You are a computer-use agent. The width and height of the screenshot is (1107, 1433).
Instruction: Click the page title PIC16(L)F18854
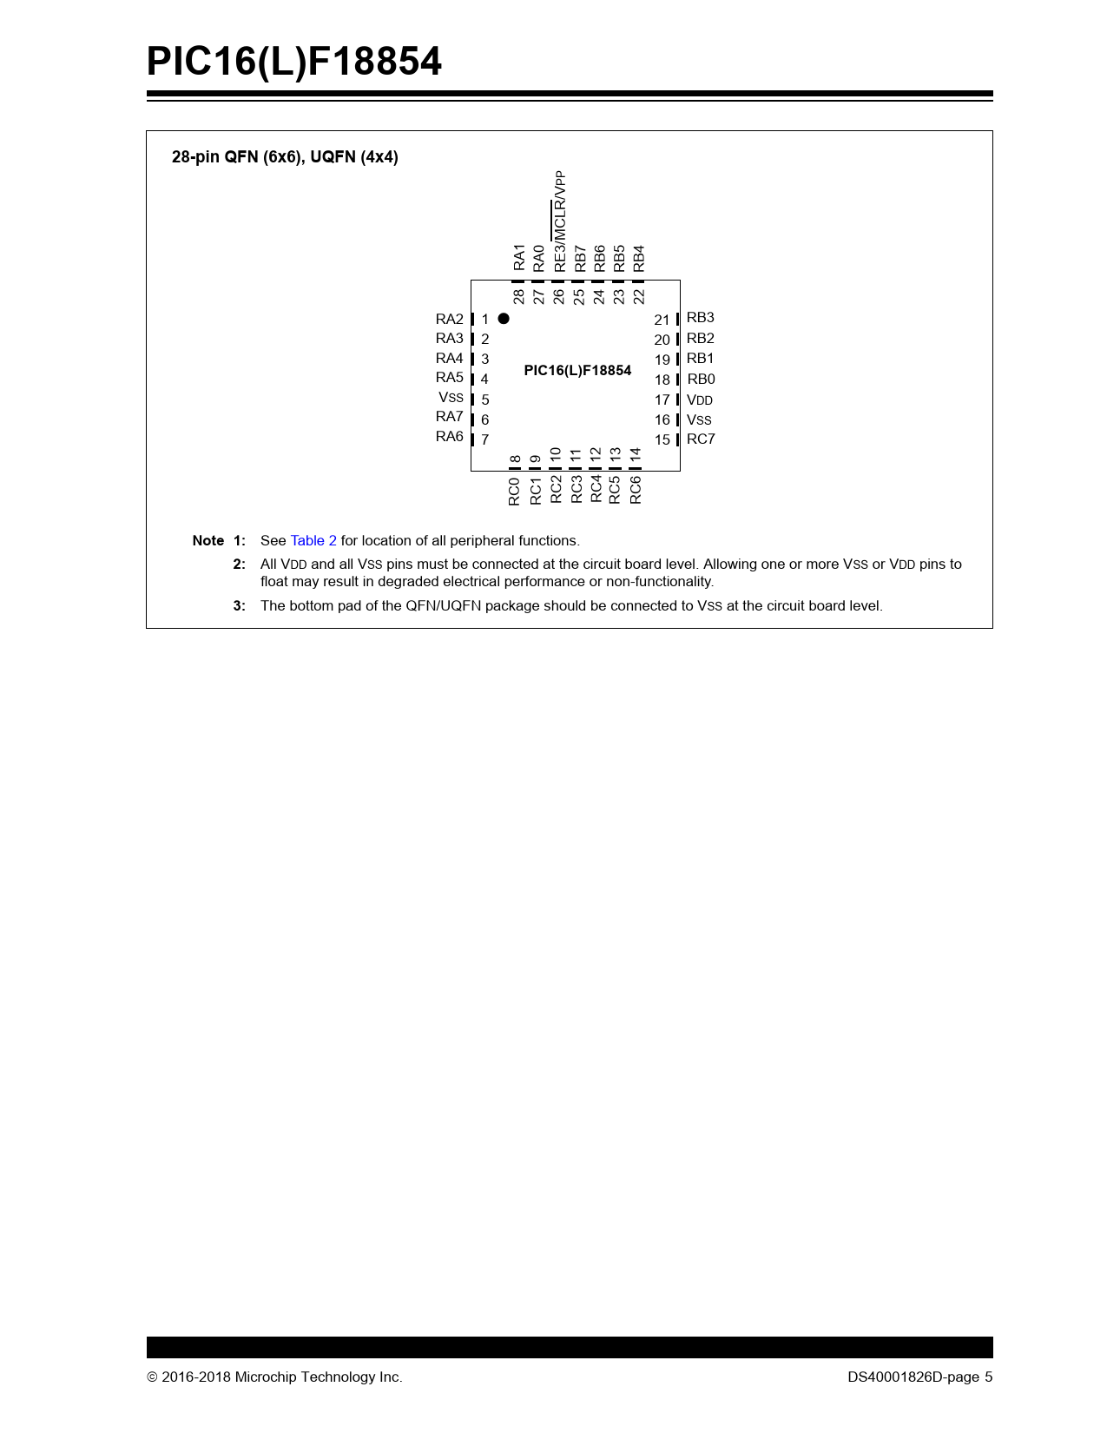point(293,62)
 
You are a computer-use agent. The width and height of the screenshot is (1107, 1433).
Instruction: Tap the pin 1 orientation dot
point(504,319)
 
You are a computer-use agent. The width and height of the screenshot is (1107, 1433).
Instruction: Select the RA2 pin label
point(450,319)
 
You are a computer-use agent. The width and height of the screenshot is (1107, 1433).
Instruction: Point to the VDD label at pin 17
point(700,400)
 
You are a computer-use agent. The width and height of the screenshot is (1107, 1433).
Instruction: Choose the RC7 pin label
point(701,439)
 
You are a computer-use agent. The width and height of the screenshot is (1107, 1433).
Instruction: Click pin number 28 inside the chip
point(518,296)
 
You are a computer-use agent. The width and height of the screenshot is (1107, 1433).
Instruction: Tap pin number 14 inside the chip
point(636,454)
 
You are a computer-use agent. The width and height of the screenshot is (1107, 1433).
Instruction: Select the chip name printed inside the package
point(577,370)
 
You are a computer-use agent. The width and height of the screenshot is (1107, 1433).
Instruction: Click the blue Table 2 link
point(313,540)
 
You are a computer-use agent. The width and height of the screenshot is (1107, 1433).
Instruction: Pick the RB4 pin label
point(639,258)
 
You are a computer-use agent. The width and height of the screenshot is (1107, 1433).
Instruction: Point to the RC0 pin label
point(514,491)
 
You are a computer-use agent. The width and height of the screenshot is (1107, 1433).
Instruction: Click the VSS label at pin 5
point(451,398)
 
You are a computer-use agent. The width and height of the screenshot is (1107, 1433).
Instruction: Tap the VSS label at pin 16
point(699,419)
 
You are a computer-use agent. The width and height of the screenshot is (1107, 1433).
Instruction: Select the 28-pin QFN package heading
point(285,157)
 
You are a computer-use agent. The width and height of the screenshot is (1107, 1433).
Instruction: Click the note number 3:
point(239,605)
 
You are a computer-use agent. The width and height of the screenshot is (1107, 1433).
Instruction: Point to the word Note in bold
point(208,540)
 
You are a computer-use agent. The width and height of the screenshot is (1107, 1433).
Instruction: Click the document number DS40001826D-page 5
point(919,1377)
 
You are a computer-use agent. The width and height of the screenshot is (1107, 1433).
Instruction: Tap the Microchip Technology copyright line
point(274,1377)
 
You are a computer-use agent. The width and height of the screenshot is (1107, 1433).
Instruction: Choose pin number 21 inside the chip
point(662,320)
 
